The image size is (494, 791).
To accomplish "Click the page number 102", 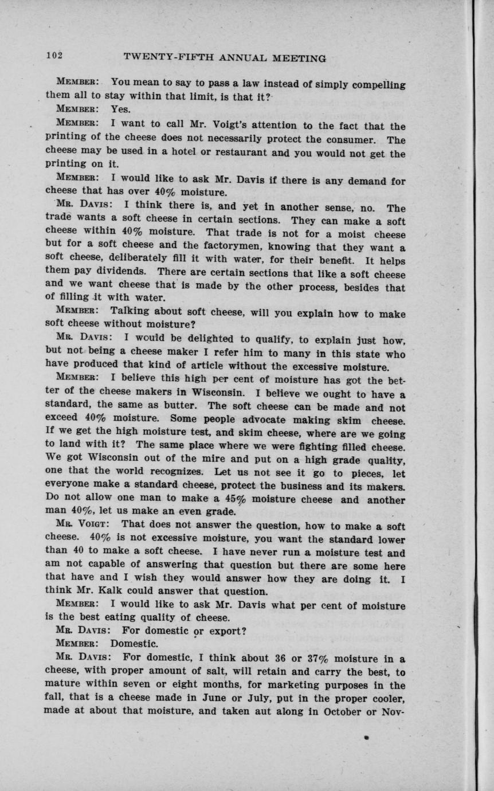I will pyautogui.click(x=54, y=56).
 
